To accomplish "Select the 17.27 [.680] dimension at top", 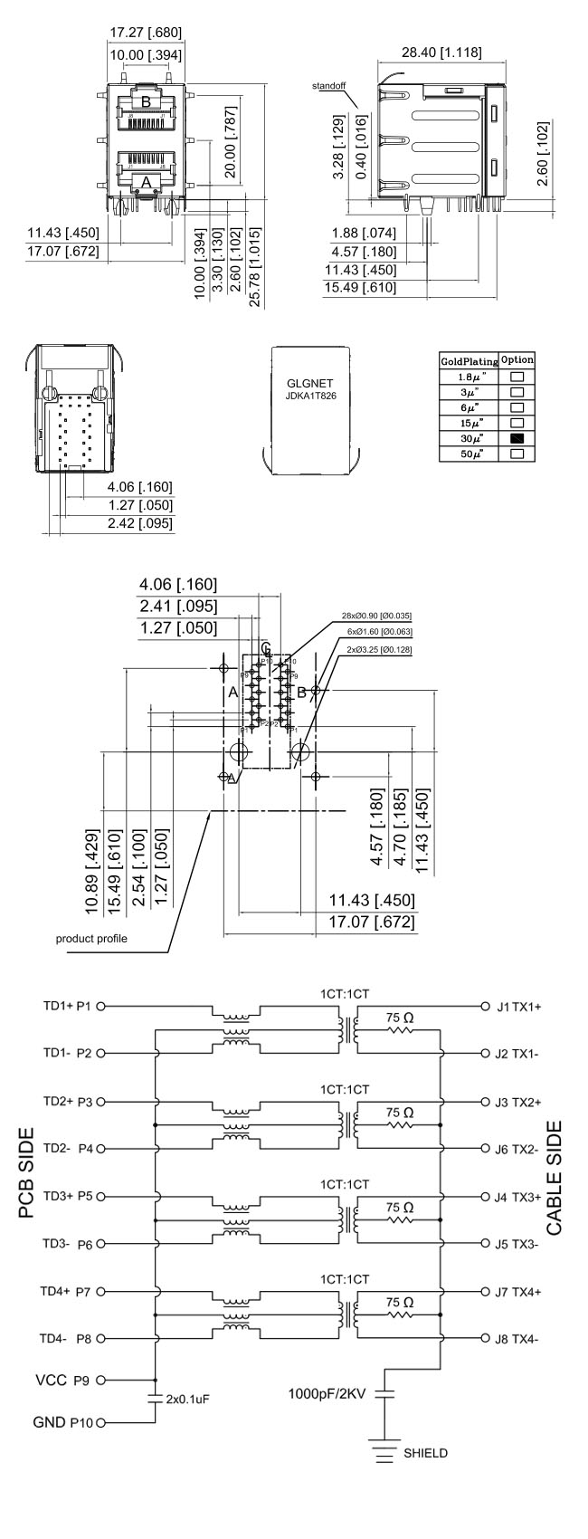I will [x=146, y=33].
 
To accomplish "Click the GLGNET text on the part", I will [x=310, y=382].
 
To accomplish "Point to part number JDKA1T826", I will [x=310, y=396].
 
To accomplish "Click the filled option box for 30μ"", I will [x=517, y=438].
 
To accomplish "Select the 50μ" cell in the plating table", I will [x=468, y=453].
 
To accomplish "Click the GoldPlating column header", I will [x=469, y=360].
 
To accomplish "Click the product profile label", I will [x=91, y=938].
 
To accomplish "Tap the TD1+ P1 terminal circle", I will [x=101, y=1006].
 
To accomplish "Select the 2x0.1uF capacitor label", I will [x=188, y=1422].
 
